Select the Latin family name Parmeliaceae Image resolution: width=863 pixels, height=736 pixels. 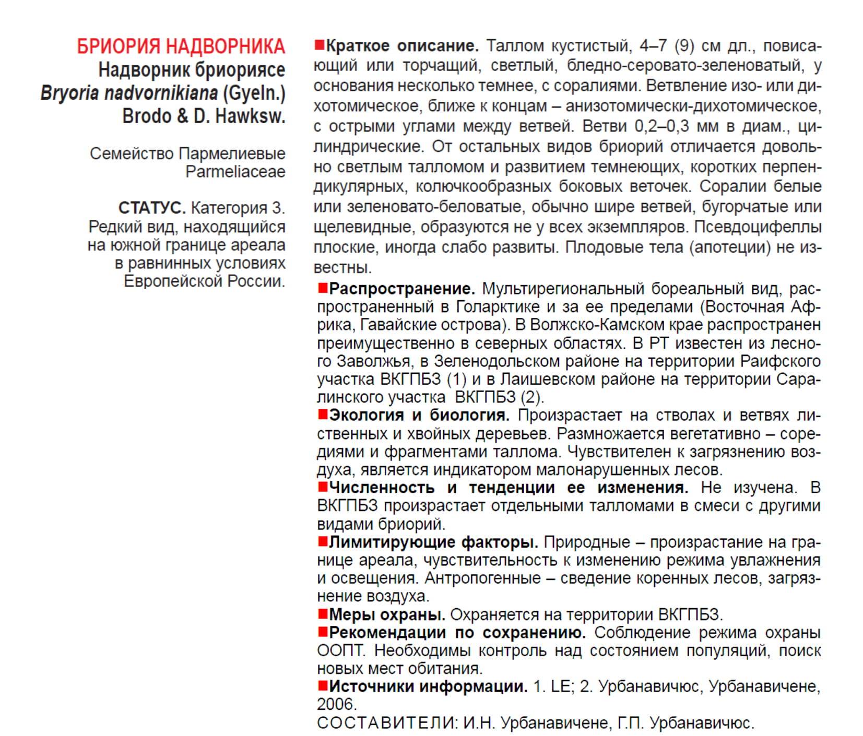coord(235,172)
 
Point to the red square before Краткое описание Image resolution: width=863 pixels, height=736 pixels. coord(319,45)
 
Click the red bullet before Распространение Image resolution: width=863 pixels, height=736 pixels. coord(323,288)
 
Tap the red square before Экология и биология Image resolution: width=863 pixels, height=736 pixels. coord(323,414)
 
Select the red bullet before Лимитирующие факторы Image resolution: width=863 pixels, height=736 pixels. coord(323,542)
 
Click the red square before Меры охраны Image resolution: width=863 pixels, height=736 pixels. coord(323,614)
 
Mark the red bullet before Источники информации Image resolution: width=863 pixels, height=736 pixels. coord(323,686)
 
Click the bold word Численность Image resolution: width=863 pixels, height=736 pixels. coord(382,488)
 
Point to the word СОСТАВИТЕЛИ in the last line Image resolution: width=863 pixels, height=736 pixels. coord(386,723)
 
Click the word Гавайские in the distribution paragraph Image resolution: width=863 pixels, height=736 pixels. coord(399,325)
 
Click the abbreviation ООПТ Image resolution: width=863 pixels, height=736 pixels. coord(340,650)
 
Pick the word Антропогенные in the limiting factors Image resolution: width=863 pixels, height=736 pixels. coord(483,578)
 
